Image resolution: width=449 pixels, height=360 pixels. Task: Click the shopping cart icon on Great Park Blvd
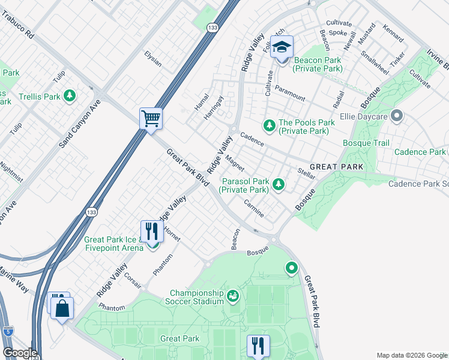151,118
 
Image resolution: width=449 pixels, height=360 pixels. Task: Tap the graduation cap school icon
281,47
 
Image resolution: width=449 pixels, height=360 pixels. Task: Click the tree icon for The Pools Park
270,125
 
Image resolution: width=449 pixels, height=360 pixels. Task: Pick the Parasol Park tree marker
278,185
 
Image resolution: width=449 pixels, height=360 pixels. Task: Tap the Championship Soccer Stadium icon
232,296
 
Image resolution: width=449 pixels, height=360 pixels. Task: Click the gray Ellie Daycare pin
396,115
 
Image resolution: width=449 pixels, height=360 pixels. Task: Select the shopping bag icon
62,309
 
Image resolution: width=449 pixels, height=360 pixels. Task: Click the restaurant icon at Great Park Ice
152,231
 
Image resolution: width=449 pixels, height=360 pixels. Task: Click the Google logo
19,353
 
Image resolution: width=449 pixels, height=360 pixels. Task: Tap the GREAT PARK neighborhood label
336,166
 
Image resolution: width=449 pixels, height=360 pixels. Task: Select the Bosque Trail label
366,143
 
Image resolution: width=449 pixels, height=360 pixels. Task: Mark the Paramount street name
290,92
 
